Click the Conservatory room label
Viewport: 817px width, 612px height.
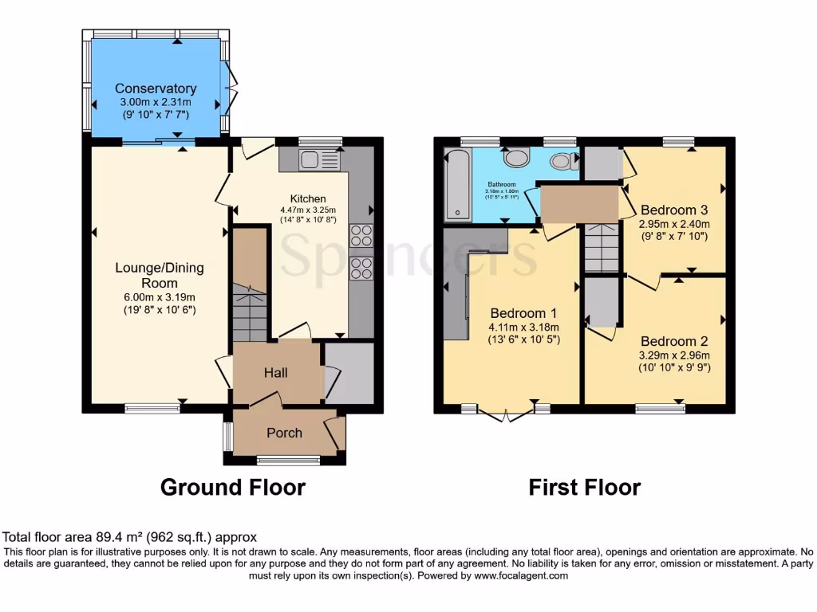click(156, 88)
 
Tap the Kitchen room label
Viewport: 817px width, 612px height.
click(307, 198)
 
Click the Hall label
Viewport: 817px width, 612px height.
click(275, 372)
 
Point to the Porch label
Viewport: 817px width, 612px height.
click(284, 433)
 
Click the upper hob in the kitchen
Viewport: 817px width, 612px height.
click(361, 236)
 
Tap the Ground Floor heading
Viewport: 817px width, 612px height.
click(233, 487)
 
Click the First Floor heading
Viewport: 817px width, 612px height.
click(585, 487)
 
